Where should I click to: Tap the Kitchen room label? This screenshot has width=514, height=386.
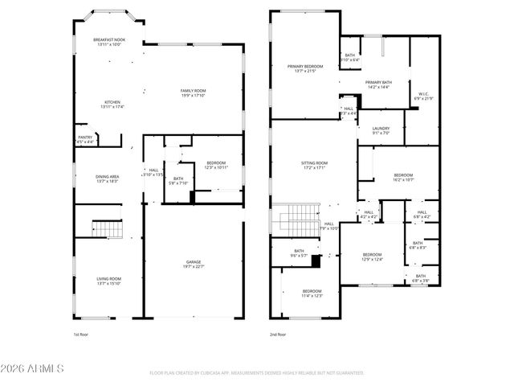(112, 104)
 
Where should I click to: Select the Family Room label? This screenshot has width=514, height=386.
(193, 92)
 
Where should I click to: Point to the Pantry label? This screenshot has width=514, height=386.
(85, 139)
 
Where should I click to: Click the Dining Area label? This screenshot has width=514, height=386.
(108, 179)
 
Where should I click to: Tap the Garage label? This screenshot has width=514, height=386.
(194, 264)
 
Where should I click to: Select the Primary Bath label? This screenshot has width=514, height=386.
(378, 84)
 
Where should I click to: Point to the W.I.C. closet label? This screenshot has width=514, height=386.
(423, 96)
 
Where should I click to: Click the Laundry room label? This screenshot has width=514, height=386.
(381, 130)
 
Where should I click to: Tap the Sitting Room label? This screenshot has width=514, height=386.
(314, 165)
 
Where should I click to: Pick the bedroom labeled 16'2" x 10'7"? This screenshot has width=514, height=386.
(403, 178)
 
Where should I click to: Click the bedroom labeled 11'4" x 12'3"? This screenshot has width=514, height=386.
(312, 293)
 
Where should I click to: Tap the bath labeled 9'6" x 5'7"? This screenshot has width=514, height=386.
(299, 253)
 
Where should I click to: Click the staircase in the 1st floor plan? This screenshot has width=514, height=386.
(107, 229)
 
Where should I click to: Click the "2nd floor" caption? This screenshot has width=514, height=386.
(279, 333)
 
